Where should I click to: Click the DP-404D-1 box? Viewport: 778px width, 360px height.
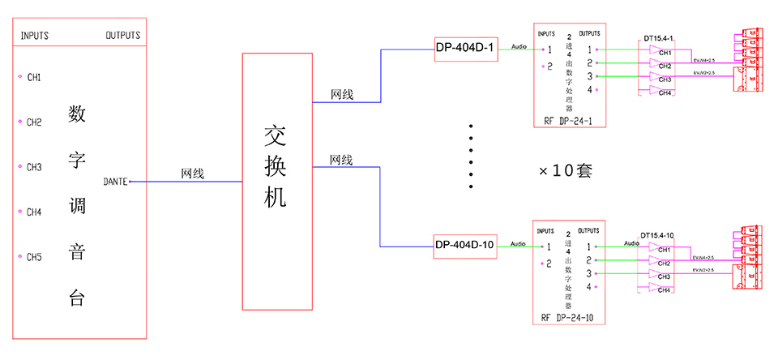[465, 48]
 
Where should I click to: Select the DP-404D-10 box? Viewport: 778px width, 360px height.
[465, 245]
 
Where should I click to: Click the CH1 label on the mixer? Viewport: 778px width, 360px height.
[34, 78]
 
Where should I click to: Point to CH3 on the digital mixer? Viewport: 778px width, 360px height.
[34, 168]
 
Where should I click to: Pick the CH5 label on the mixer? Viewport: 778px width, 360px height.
[34, 258]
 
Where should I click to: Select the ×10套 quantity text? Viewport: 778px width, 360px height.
[566, 171]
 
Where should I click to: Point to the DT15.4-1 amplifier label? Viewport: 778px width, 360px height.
[657, 38]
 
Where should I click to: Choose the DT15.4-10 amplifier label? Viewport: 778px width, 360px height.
[657, 235]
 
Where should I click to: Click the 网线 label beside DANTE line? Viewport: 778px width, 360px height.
[192, 174]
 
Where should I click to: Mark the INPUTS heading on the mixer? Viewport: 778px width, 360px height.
[34, 36]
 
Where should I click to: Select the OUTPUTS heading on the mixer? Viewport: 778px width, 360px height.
[122, 36]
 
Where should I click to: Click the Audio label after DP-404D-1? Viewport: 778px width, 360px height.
[519, 46]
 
